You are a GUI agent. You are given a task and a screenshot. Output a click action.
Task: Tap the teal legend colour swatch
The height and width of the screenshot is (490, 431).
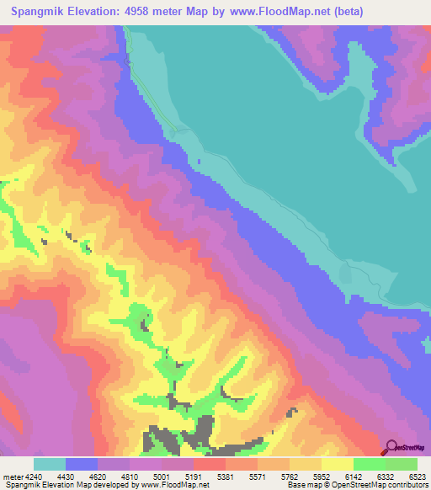pos(50,464)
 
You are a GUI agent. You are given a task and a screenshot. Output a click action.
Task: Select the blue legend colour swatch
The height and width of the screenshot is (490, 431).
pos(82,464)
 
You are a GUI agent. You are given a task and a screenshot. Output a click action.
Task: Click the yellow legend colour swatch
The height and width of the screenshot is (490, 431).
pos(338,464)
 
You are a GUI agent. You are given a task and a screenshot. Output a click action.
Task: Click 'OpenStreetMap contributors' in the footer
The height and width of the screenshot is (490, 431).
pos(379,484)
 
